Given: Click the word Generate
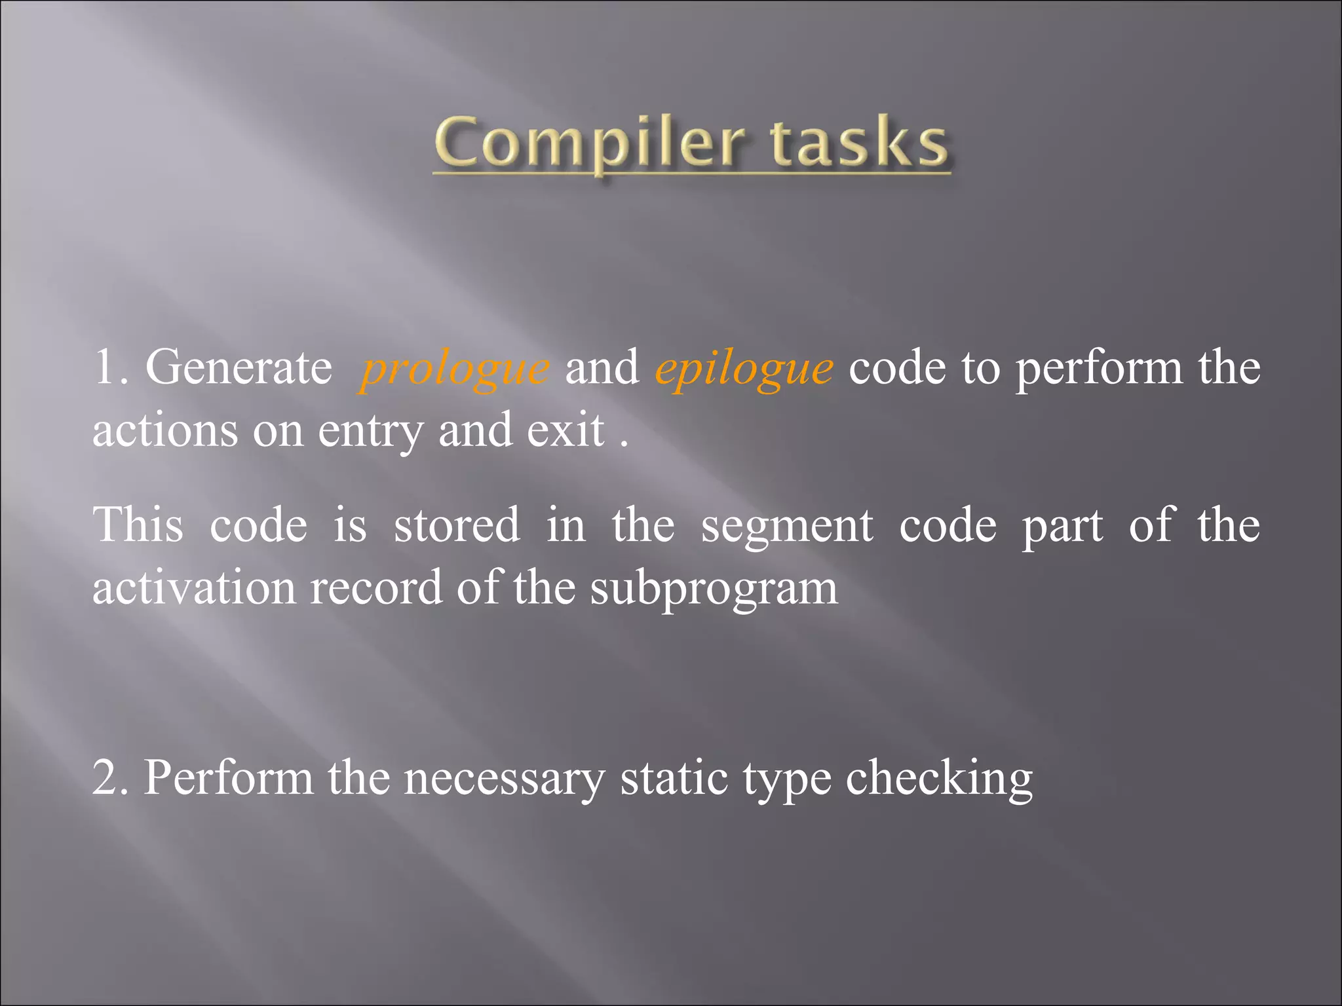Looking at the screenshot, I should (239, 367).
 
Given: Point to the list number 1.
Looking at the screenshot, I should (105, 367).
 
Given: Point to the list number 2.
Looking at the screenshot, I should (106, 777).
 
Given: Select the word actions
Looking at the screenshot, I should (165, 431).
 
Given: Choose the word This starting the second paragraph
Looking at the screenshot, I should (138, 525).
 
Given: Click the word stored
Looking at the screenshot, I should (457, 525).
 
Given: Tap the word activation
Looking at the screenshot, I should (194, 587).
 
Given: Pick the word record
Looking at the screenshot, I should (376, 587).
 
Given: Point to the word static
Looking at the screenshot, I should (674, 777).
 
